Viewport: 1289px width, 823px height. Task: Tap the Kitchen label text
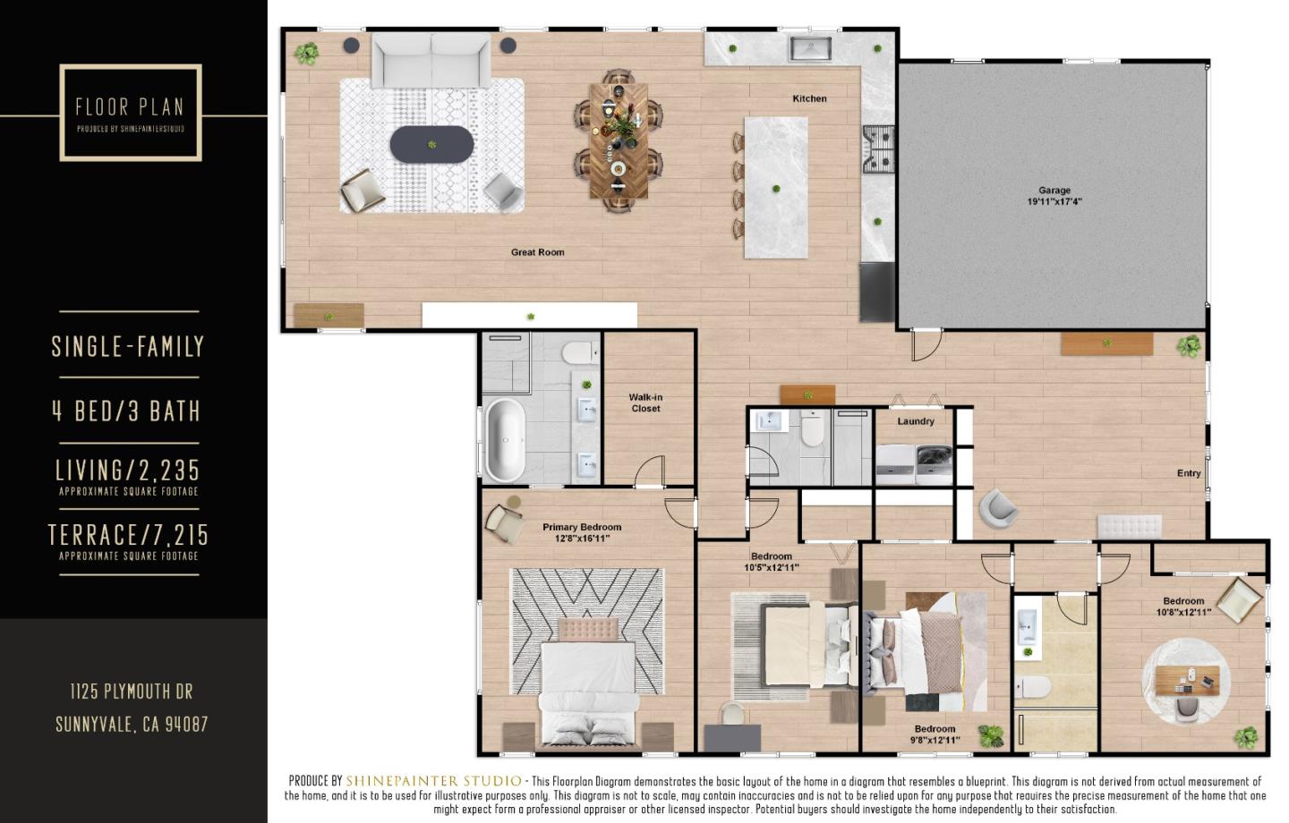point(809,98)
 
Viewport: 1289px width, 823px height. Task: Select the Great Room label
point(537,252)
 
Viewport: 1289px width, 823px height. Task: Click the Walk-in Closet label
point(645,403)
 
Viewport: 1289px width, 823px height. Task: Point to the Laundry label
point(916,421)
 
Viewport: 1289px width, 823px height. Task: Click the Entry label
point(1188,473)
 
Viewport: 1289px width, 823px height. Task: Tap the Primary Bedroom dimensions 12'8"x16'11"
point(582,539)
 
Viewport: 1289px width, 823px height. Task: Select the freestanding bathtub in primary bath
point(505,440)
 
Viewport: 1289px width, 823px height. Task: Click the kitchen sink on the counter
point(810,48)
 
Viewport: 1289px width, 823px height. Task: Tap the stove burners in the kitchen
point(878,149)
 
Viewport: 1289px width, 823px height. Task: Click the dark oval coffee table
point(431,144)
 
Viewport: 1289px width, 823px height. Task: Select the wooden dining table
point(619,140)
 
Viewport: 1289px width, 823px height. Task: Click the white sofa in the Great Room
point(431,59)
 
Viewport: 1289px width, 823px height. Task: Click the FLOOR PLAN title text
point(130,107)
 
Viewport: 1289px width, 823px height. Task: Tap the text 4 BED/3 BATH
point(126,411)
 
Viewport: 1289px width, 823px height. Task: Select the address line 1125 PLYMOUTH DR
point(132,691)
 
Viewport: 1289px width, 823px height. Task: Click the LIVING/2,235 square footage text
point(128,470)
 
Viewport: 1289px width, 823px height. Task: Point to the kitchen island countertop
point(775,188)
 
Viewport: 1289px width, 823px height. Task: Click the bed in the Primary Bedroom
point(587,684)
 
